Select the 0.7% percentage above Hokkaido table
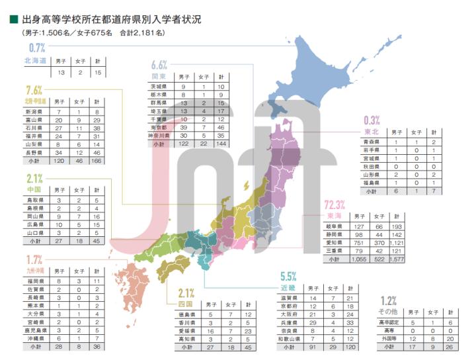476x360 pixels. point(36,48)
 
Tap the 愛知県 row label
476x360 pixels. point(334,242)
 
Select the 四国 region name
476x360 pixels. point(186,304)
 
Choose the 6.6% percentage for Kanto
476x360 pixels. point(159,65)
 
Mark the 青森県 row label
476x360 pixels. point(373,142)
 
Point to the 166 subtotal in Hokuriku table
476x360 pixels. point(97,160)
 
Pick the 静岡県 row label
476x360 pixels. point(334,234)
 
